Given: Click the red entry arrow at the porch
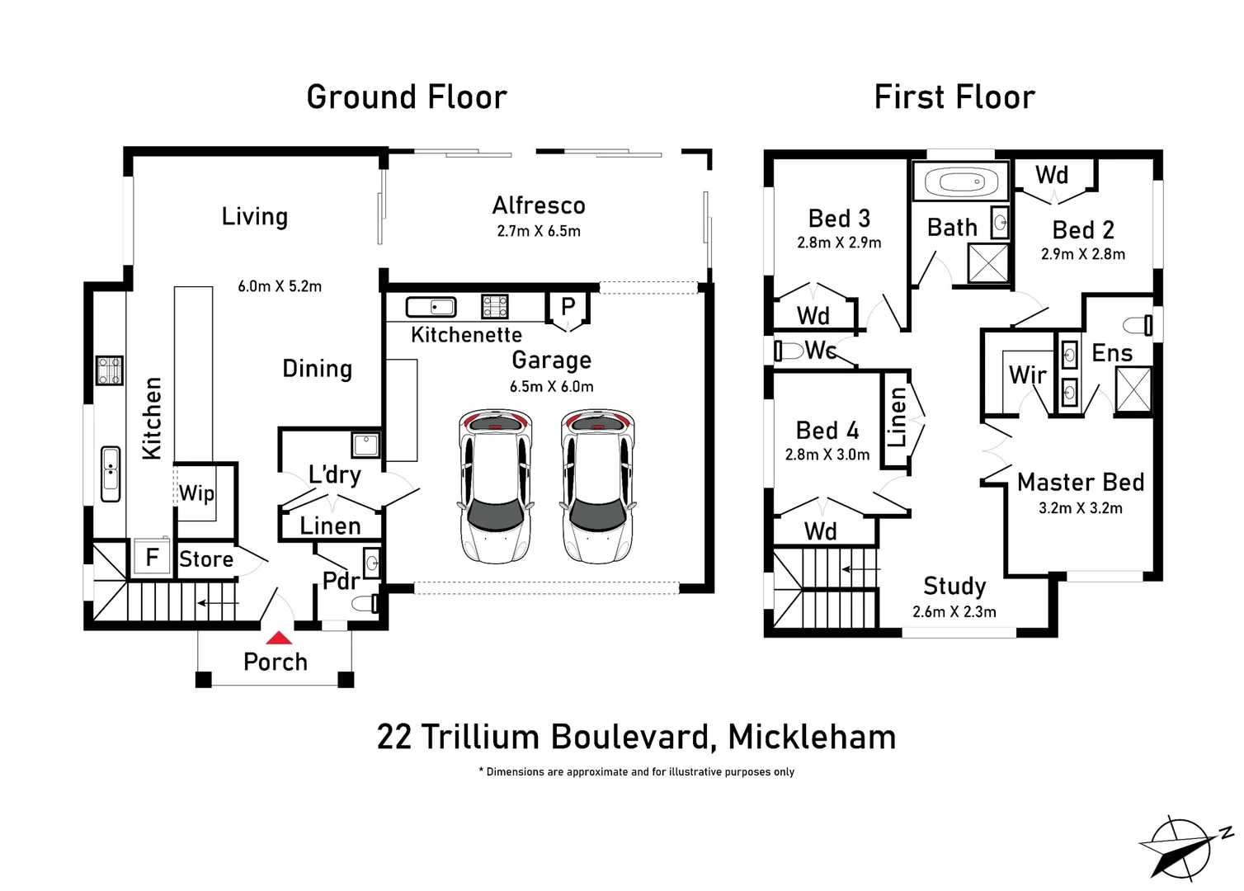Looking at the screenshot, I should pyautogui.click(x=279, y=638).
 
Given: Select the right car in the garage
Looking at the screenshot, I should pyautogui.click(x=598, y=487).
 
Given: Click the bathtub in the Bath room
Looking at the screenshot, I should pyautogui.click(x=960, y=181).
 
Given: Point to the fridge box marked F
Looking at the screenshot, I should pyautogui.click(x=152, y=558).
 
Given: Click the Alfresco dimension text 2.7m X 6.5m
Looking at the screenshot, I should pyautogui.click(x=539, y=232).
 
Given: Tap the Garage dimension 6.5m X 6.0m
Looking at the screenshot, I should pyautogui.click(x=551, y=387).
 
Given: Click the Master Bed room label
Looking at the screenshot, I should pyautogui.click(x=1080, y=483).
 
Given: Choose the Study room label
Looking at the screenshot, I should pyautogui.click(x=954, y=586).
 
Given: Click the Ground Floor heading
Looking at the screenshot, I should pyautogui.click(x=407, y=97).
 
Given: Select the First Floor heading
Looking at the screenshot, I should pyautogui.click(x=954, y=97).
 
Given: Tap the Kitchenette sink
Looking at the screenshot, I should pyautogui.click(x=431, y=307).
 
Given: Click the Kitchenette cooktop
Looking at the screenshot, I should pyautogui.click(x=495, y=306).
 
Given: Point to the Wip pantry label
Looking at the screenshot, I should pyautogui.click(x=196, y=493).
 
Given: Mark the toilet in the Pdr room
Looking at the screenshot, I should pyautogui.click(x=365, y=604).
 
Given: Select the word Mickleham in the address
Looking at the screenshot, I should pyautogui.click(x=812, y=738).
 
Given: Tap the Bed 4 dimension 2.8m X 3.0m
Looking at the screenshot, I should pyautogui.click(x=827, y=455).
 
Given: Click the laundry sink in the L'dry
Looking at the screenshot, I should pyautogui.click(x=365, y=445).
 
